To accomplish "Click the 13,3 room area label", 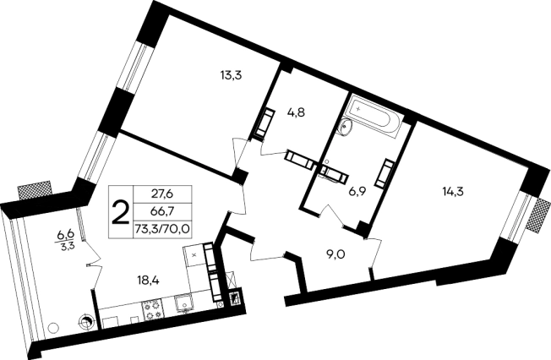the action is (232, 75).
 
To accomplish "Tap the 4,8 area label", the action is (296, 112).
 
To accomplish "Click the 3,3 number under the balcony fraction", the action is (65, 246).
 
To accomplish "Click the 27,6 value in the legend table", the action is (163, 194).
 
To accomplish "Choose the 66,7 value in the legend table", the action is (163, 211).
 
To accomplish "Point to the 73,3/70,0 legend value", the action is (162, 229).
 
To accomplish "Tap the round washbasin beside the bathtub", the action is (346, 127).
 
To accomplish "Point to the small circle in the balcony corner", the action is (52, 328).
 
